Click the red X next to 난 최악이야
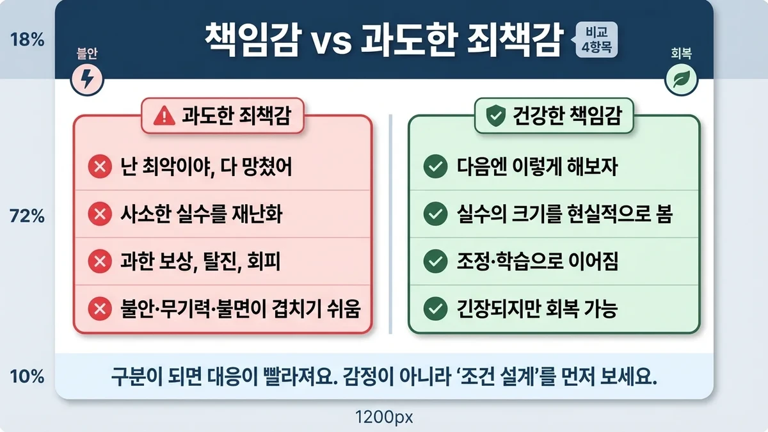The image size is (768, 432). point(99,168)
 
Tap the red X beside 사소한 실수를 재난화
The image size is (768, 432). point(99,214)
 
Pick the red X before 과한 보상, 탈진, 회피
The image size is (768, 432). point(99,262)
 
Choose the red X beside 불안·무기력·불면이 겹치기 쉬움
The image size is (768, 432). point(99,309)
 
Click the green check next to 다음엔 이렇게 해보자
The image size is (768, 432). point(435,168)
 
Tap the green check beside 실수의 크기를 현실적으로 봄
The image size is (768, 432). point(435,214)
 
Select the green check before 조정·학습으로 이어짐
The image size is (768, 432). point(435,262)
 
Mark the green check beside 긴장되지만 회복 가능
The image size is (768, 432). point(435,309)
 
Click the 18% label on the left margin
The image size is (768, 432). point(27,40)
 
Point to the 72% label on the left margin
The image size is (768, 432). point(27,217)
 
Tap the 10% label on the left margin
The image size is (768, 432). point(27,376)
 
